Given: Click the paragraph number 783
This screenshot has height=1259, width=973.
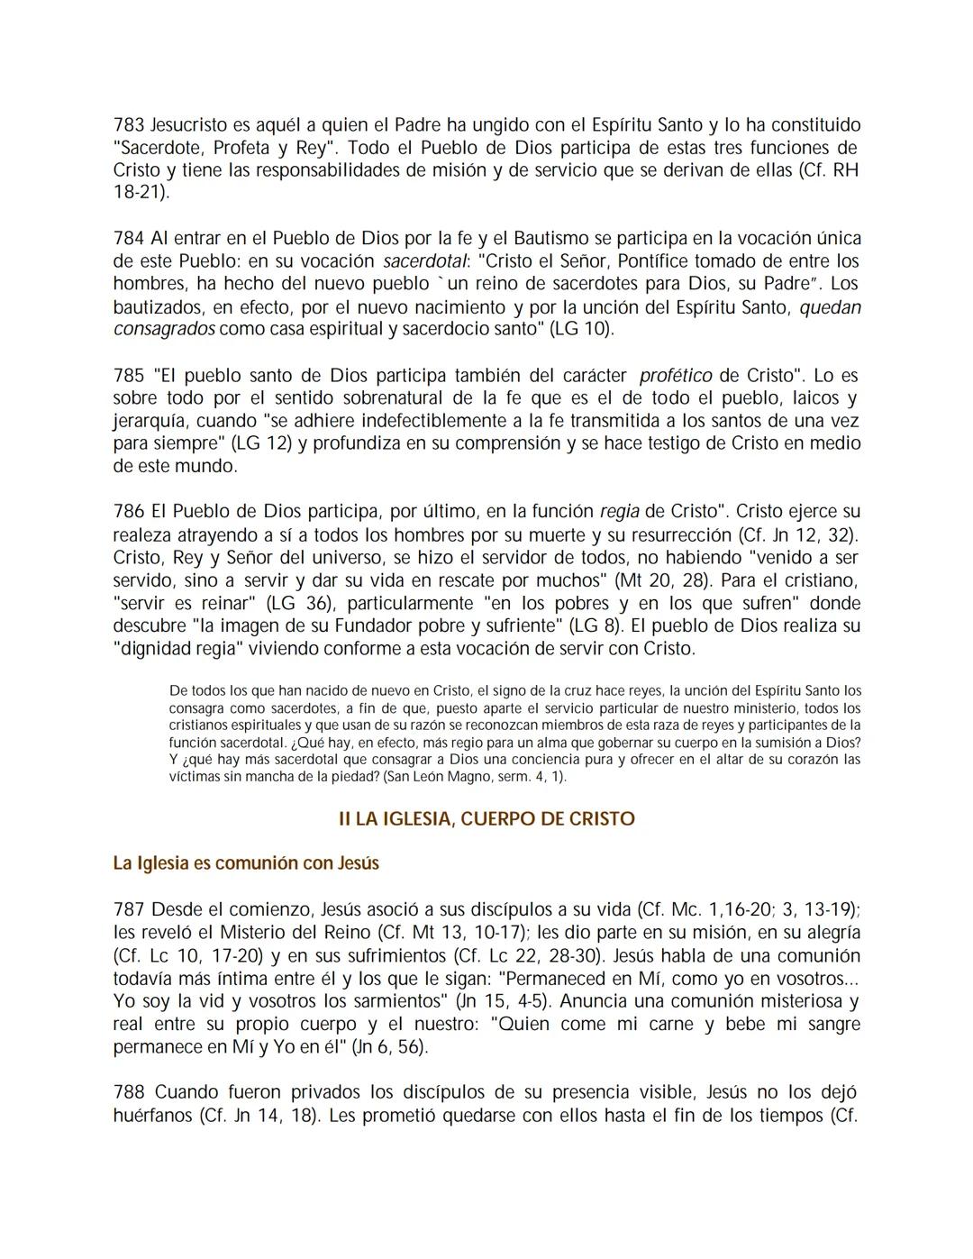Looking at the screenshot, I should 129,124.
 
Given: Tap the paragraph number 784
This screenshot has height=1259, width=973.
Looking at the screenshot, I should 129,239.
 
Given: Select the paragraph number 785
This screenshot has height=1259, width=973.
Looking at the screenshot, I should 129,375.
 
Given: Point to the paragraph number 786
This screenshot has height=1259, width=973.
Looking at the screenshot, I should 129,512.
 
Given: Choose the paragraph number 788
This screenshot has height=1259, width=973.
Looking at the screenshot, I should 129,1092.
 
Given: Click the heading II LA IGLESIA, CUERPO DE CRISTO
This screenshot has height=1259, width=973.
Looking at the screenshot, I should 486,819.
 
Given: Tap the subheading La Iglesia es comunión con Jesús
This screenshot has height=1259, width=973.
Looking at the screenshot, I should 246,863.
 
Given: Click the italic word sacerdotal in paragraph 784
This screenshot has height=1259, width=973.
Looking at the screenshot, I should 425,262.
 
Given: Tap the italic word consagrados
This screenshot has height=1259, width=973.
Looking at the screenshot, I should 164,329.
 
